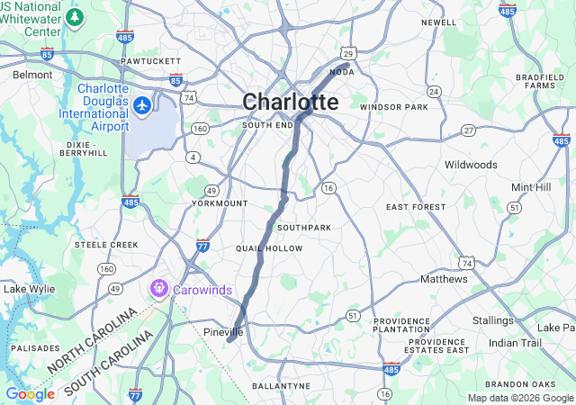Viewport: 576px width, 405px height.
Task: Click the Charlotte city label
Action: click(290, 103)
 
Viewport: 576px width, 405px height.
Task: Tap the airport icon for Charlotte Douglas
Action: click(141, 106)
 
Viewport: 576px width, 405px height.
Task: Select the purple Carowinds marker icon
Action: click(159, 289)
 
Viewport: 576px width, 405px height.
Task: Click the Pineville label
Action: click(223, 332)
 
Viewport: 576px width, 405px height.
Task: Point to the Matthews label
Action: click(445, 279)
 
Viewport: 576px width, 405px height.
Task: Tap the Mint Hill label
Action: click(530, 186)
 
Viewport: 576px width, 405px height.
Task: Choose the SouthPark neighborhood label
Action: click(304, 227)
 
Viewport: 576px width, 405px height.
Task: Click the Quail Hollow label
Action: click(269, 247)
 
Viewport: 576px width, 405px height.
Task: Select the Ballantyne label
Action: click(281, 385)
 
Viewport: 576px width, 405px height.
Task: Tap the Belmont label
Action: click(33, 75)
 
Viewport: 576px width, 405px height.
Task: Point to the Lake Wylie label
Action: click(29, 289)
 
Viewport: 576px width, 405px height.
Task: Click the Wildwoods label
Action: click(471, 165)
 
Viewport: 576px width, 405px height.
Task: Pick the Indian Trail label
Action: click(515, 343)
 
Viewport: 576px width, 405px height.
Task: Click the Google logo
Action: click(30, 394)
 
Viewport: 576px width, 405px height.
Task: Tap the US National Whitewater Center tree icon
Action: click(75, 17)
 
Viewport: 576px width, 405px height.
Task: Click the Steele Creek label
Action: click(106, 244)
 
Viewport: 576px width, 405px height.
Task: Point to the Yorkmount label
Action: click(220, 203)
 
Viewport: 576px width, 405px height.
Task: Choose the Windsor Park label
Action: click(393, 107)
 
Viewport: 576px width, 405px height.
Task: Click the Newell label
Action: click(438, 22)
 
